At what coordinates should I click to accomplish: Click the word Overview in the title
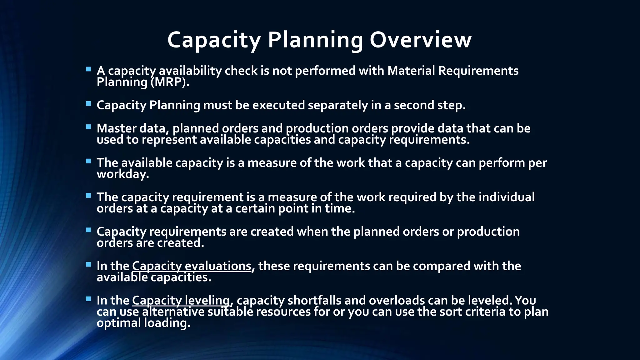[x=421, y=40]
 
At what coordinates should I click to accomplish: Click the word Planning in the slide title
[x=315, y=40]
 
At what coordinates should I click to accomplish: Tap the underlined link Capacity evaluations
[x=192, y=266]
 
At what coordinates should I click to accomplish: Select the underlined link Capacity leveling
[x=181, y=300]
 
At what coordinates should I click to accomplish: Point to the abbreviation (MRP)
[x=170, y=82]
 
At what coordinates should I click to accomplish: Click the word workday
[x=122, y=174]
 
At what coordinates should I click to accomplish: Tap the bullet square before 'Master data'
[x=88, y=127]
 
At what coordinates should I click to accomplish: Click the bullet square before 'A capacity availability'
[x=88, y=69]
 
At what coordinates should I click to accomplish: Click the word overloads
[x=397, y=300]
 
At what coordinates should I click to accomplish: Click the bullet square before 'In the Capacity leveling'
[x=88, y=299]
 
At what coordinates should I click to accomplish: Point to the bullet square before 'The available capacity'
[x=88, y=161]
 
